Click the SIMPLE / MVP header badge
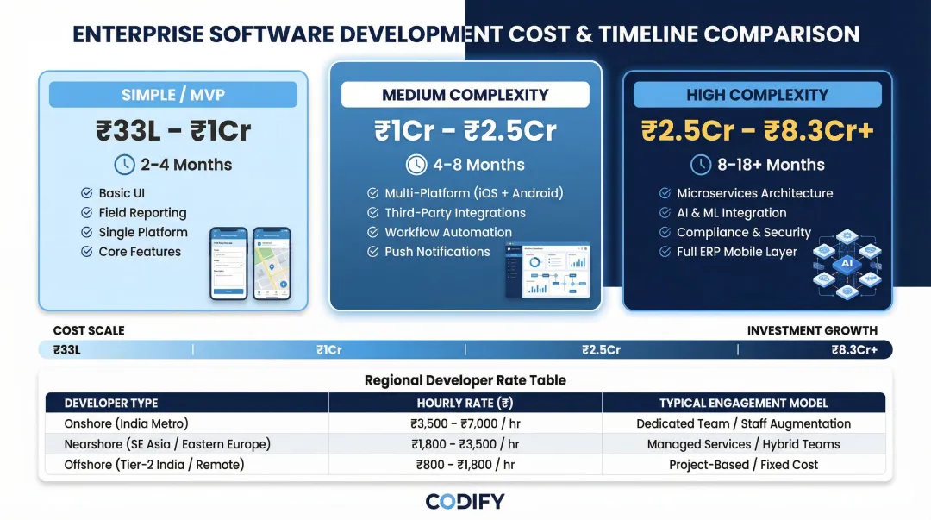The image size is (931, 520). (172, 95)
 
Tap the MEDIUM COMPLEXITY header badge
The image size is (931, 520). (465, 95)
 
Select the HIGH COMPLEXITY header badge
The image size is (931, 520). (757, 95)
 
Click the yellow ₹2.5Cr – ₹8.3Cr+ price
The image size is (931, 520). (757, 130)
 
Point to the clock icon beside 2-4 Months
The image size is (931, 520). (124, 165)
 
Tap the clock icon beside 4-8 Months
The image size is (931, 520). (416, 165)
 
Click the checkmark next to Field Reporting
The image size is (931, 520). (86, 213)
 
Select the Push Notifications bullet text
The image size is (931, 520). (437, 252)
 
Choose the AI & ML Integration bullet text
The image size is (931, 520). (731, 213)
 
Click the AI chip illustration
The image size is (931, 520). (846, 262)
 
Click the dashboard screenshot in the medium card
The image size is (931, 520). (547, 270)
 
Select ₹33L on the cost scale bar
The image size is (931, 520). (66, 350)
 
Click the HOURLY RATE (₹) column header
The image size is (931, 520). (465, 403)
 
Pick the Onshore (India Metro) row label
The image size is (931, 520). (126, 423)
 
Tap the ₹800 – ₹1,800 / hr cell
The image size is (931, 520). (465, 465)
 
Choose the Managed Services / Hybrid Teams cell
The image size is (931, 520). (743, 444)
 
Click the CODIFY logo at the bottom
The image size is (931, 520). (465, 501)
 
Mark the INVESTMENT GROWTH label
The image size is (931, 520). (812, 330)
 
